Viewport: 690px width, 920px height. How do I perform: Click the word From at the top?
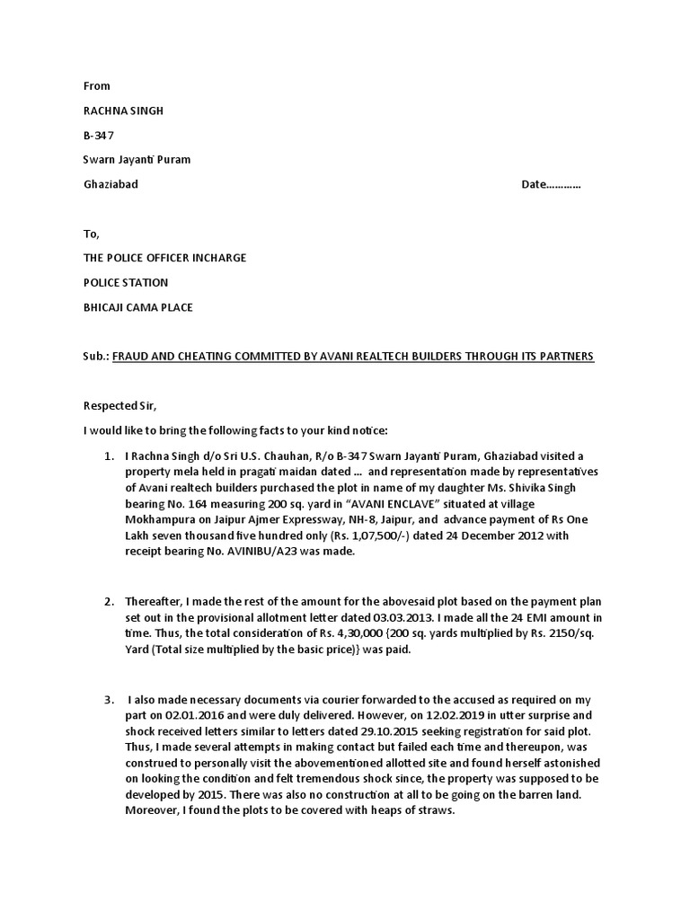[x=96, y=86]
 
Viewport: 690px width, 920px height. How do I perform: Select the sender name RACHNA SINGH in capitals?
[x=123, y=111]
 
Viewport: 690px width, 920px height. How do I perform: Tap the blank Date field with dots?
[x=551, y=184]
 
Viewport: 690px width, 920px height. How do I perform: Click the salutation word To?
[x=90, y=234]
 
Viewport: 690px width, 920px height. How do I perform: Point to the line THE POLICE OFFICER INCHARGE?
[x=164, y=258]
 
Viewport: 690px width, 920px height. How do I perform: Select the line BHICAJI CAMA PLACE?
[x=137, y=307]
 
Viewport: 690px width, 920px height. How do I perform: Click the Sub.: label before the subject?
[x=95, y=357]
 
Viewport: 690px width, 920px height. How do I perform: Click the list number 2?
[x=108, y=601]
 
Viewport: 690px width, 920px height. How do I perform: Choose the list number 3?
[x=108, y=699]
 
